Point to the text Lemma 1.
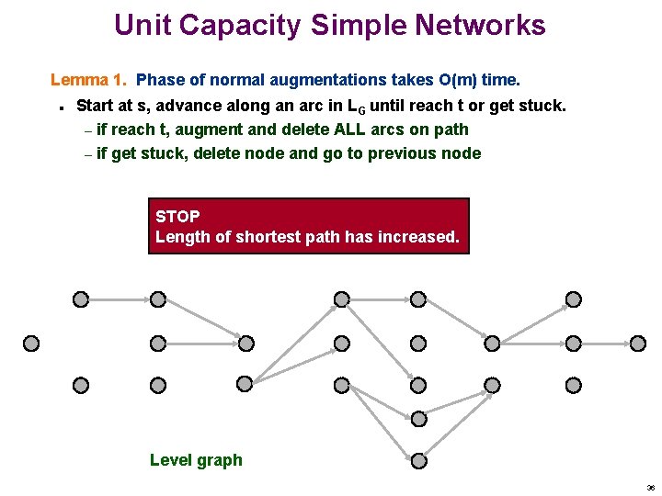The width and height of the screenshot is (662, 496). [x=88, y=81]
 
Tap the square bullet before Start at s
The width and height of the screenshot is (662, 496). [x=59, y=107]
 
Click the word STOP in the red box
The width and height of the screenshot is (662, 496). [x=177, y=217]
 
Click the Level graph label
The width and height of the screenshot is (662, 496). [x=196, y=460]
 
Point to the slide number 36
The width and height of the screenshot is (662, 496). [x=650, y=488]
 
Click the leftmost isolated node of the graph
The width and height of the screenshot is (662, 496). [x=31, y=343]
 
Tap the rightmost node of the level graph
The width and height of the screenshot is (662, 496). [x=634, y=343]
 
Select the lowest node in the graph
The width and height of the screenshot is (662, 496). [x=418, y=459]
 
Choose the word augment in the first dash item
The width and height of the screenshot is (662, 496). [x=200, y=130]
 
